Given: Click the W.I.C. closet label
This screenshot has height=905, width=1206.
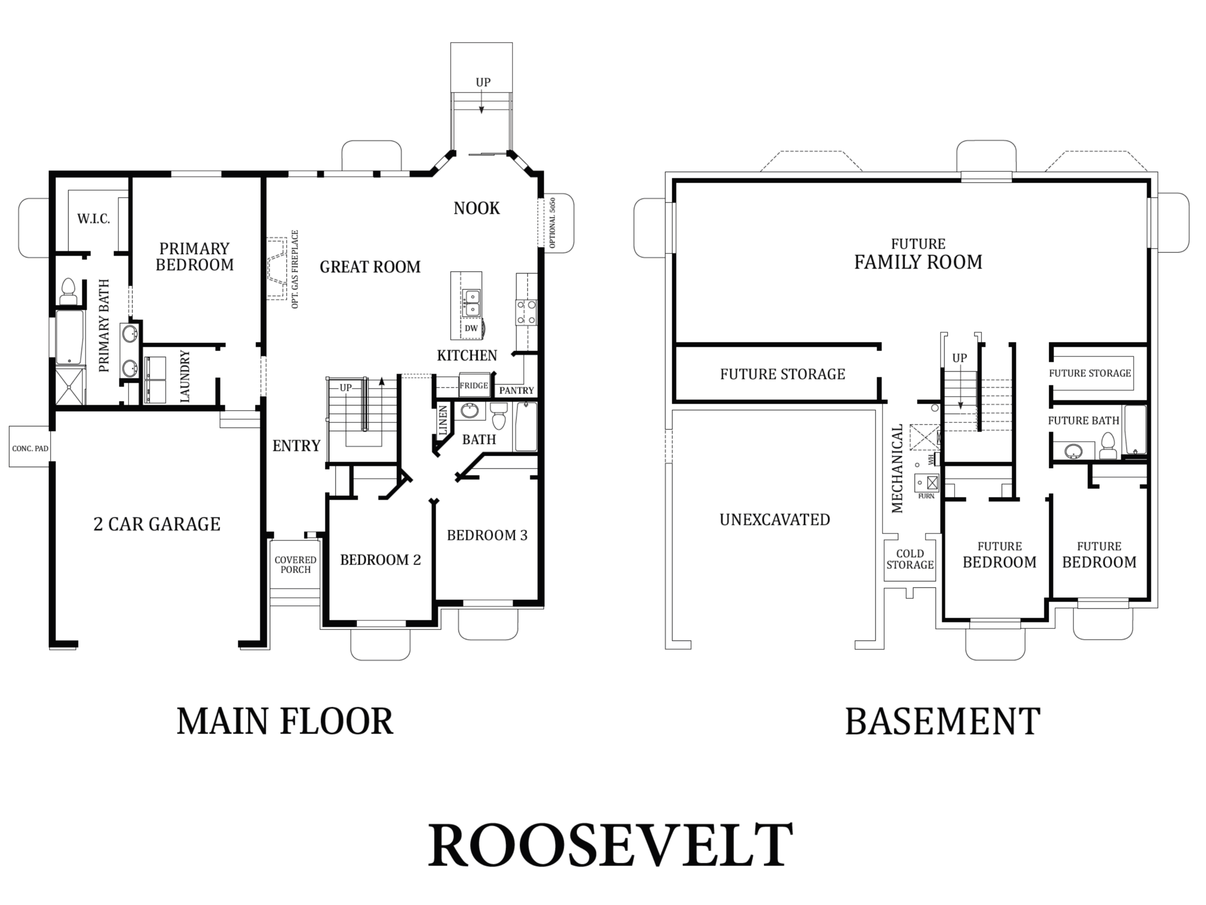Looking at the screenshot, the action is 94,219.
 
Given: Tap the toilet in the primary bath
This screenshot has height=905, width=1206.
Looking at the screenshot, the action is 68,292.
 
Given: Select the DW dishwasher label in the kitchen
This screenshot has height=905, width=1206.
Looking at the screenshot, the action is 471,329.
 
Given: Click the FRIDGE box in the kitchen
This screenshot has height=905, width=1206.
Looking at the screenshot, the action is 474,385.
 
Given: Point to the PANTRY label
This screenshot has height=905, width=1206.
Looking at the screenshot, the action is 516,391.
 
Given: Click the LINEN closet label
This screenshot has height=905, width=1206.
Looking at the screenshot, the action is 443,420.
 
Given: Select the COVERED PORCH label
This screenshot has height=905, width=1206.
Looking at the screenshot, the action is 295,565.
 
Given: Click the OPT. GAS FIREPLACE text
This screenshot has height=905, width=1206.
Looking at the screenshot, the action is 295,270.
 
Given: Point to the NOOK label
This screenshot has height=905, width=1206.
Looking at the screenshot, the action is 477,208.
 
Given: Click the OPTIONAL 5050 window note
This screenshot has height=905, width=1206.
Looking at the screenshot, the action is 552,223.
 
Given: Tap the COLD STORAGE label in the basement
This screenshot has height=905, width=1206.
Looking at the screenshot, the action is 910,559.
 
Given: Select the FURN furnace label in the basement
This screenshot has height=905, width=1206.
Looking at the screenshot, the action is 926,496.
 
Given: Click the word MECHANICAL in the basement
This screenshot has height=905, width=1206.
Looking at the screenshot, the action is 897,469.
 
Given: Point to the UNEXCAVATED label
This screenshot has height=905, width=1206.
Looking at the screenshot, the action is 775,520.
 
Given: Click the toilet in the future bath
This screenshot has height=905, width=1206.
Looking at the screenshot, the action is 1108,446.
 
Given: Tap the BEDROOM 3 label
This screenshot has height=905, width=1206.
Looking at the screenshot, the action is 488,535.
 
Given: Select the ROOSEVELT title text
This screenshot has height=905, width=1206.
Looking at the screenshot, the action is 610,845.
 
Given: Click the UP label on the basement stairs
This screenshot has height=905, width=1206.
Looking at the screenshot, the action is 960,358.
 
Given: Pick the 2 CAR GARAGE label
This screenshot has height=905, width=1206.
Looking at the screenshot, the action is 157,524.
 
